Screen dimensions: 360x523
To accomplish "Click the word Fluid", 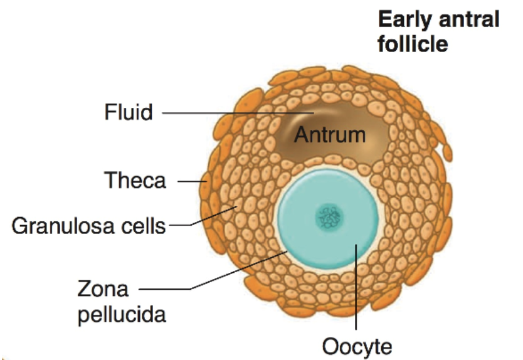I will (129, 113).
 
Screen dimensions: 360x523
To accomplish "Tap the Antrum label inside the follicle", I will (330, 134).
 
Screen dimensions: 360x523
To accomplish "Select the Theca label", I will (135, 181).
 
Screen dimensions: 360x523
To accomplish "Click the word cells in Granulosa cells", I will (145, 225).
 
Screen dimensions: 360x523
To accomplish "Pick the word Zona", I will (103, 289).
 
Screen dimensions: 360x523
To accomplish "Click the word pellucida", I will (122, 313).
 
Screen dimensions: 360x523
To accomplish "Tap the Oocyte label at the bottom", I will (356, 346).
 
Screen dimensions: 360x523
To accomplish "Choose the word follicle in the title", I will (413, 44).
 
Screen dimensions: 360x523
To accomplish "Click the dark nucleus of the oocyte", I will (329, 218).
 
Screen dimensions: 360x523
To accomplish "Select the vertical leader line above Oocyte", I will (356, 289).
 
